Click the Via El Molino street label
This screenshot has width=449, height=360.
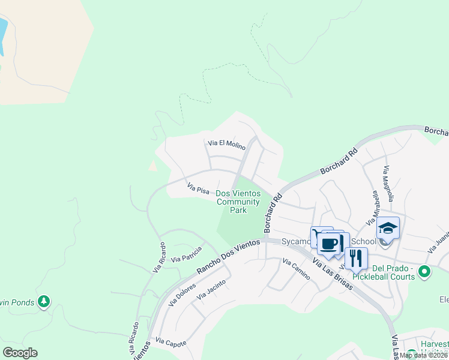[226, 144]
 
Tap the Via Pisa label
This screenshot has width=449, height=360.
[197, 189]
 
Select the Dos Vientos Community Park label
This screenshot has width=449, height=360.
[238, 202]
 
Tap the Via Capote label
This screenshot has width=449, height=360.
[170, 343]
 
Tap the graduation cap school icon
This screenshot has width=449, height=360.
[388, 229]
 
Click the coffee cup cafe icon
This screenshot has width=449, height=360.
[329, 244]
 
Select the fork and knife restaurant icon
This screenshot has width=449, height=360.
[356, 259]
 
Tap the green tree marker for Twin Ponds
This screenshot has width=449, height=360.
[43, 301]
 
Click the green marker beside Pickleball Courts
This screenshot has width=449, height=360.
[425, 272]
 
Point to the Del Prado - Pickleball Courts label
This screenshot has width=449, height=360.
[393, 272]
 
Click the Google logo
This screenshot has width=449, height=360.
[20, 353]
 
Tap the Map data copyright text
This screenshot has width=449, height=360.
[424, 355]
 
